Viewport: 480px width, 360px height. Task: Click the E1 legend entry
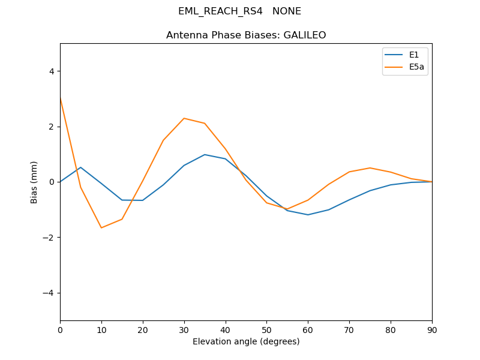414,55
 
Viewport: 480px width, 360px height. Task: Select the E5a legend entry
416,67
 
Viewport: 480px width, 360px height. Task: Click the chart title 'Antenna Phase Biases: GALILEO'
246,35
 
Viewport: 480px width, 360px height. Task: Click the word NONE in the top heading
287,11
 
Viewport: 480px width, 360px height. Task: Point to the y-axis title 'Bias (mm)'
34,182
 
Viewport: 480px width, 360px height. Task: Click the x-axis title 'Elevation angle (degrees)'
246,341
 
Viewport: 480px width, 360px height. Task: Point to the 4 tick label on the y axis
51,71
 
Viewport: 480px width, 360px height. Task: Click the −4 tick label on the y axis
49,293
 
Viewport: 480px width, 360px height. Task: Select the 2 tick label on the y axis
51,127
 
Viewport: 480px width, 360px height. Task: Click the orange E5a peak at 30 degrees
184,118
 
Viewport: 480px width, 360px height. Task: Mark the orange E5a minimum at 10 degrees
101,228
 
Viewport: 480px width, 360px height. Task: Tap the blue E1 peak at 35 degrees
205,155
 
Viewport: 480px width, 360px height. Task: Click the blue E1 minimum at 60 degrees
308,215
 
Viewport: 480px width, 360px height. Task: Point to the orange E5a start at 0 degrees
61,98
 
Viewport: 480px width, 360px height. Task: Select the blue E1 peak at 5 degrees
80,167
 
